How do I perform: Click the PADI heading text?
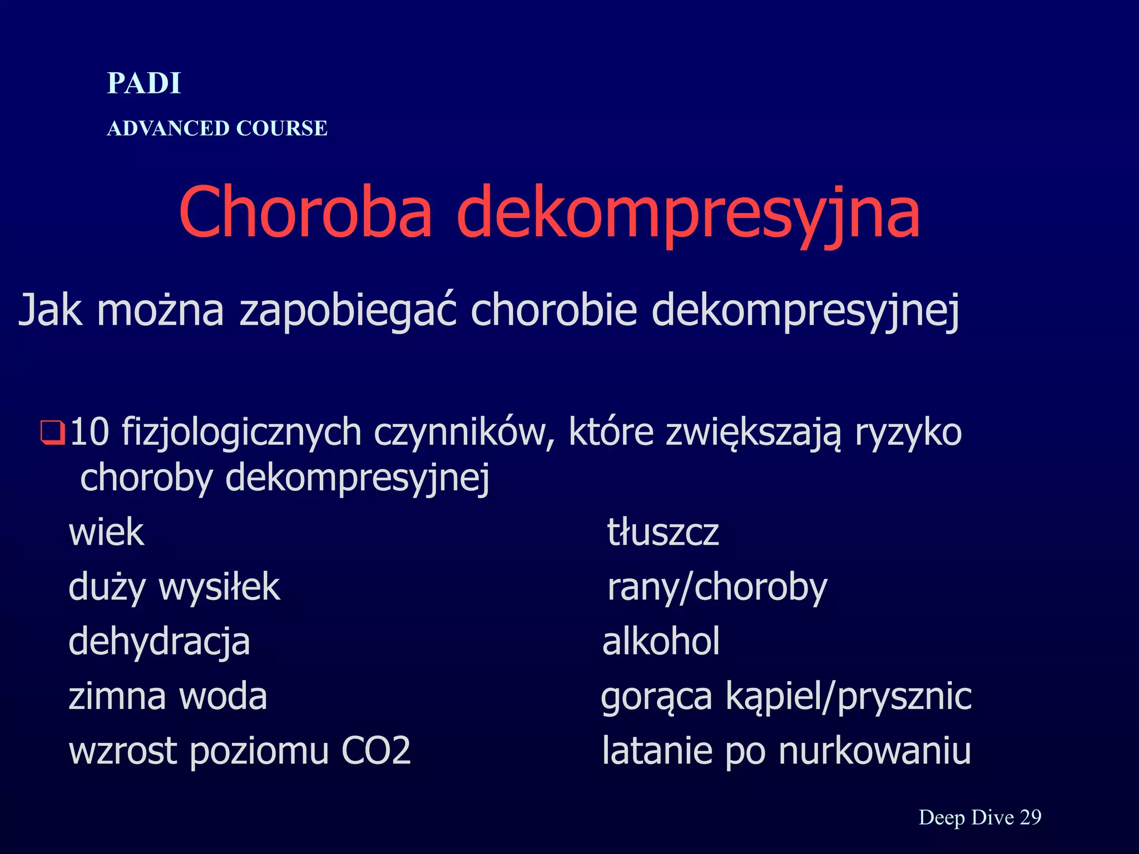point(144,83)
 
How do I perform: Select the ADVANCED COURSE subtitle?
point(217,128)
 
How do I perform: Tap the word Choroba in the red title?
point(305,212)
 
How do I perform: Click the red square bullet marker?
point(52,433)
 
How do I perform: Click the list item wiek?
point(106,532)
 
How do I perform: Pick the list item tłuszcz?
point(662,532)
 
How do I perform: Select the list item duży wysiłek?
point(174,587)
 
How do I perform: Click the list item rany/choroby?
point(717,587)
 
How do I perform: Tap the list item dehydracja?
point(159,642)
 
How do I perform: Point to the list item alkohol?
point(661,641)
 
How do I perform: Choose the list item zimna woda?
point(167,696)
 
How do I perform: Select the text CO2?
point(376,751)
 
